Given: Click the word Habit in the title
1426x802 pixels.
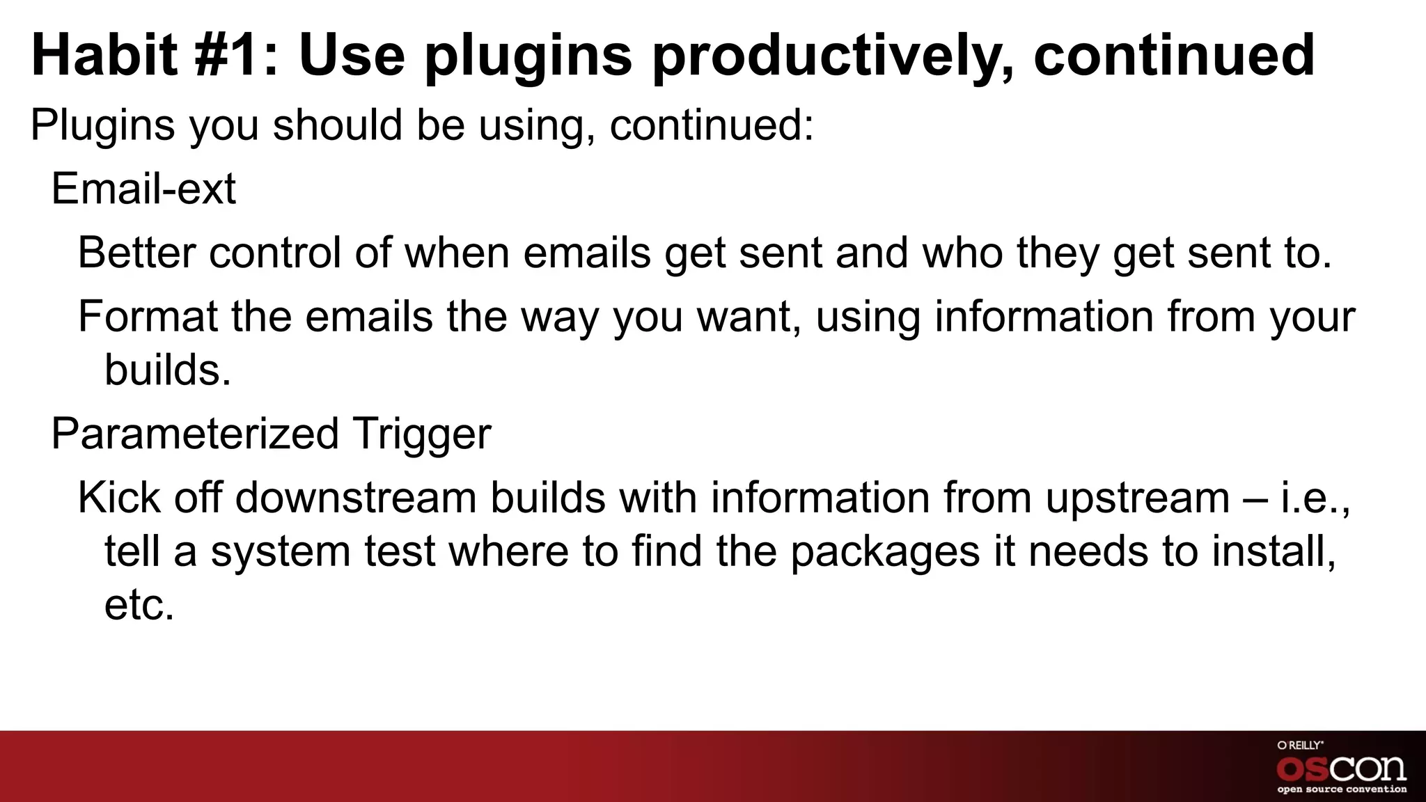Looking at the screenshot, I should (x=104, y=56).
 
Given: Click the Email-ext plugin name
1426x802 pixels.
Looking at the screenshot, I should (x=143, y=189).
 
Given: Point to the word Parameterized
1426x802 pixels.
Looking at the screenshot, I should (x=195, y=434).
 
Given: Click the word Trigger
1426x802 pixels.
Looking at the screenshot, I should (x=422, y=434).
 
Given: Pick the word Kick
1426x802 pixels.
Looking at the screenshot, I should (x=118, y=498).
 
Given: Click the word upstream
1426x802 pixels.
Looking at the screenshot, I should (x=1137, y=498).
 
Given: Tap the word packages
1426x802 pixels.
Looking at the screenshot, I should (x=886, y=553).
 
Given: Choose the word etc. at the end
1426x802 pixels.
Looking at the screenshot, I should (x=139, y=606).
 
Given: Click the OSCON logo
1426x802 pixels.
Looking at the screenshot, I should (x=1341, y=768).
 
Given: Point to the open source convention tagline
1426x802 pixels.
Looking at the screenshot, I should (x=1341, y=789).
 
